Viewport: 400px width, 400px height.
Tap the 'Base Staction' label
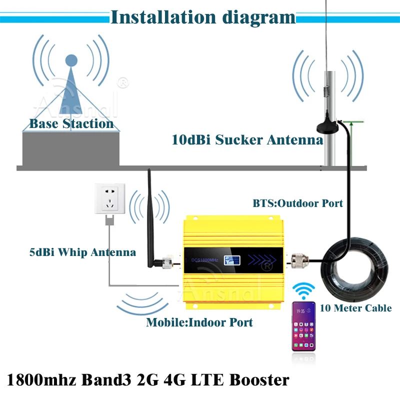pyautogui.click(x=71, y=123)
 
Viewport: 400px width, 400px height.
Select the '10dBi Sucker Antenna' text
pyautogui.click(x=247, y=140)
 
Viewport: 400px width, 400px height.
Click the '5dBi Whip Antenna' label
pyautogui.click(x=82, y=252)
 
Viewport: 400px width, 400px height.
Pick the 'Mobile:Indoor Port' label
pyautogui.click(x=199, y=322)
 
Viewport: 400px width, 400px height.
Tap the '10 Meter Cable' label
pyautogui.click(x=355, y=308)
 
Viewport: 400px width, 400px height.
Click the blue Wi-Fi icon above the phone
pyautogui.click(x=304, y=290)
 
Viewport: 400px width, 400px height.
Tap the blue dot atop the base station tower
pyautogui.click(x=72, y=60)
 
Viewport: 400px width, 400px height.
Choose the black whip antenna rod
pyautogui.click(x=150, y=210)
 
